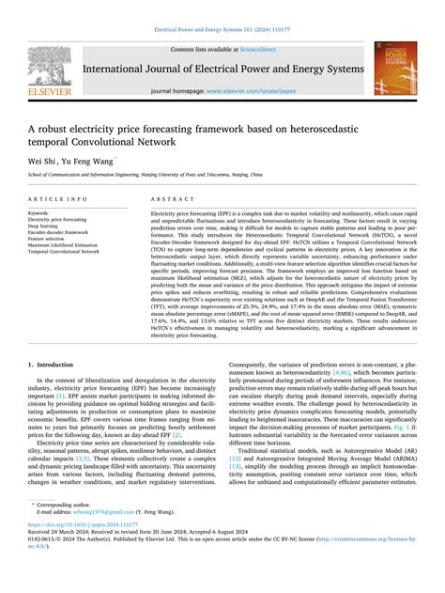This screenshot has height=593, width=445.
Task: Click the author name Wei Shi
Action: coord(44,161)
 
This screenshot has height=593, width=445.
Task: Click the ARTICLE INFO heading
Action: coord(58,200)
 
